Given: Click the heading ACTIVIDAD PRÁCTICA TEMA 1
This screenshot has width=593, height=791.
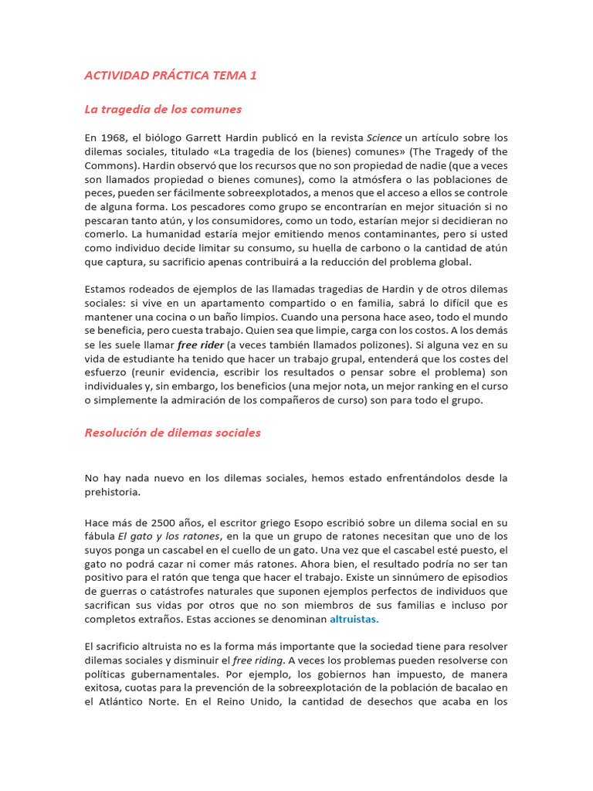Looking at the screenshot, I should coord(170,75).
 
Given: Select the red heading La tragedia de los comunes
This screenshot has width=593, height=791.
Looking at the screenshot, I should coord(163,109).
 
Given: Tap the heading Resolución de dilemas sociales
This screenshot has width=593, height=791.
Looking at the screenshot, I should coord(172,433).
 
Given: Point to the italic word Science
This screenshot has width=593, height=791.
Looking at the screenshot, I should coord(384,137).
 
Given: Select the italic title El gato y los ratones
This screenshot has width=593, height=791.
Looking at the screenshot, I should coord(168,536).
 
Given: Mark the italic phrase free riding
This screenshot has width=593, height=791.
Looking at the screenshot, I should coord(259,660).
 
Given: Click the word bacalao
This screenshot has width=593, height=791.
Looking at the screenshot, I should coord(467,687).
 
